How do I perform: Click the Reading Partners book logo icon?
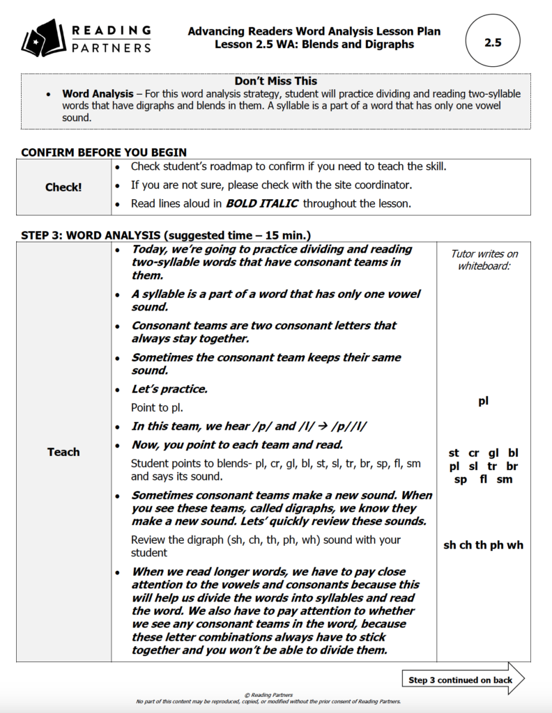pyautogui.click(x=43, y=39)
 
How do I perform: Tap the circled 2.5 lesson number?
pyautogui.click(x=493, y=42)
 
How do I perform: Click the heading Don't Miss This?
pyautogui.click(x=275, y=81)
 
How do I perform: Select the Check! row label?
pyautogui.click(x=63, y=187)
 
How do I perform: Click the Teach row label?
pyautogui.click(x=63, y=452)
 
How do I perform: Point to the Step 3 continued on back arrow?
pyautogui.click(x=463, y=680)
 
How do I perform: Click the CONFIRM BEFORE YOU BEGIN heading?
pyautogui.click(x=104, y=152)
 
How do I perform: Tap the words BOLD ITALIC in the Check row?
pyautogui.click(x=262, y=204)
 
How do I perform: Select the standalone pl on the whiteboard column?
pyautogui.click(x=483, y=401)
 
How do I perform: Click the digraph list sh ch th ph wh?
pyautogui.click(x=483, y=545)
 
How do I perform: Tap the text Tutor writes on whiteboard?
pyautogui.click(x=483, y=260)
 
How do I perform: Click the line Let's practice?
pyautogui.click(x=169, y=389)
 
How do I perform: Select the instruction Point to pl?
pyautogui.click(x=158, y=407)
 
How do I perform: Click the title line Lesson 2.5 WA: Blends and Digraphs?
pyautogui.click(x=314, y=45)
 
